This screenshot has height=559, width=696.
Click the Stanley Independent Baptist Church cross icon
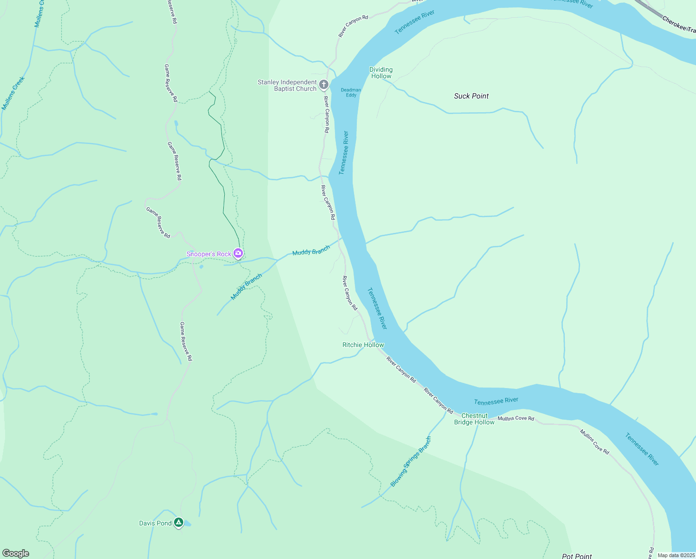(324, 85)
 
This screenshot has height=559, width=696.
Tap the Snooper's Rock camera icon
(238, 253)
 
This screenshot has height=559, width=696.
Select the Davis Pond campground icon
(179, 523)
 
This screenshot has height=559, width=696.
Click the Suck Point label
(471, 96)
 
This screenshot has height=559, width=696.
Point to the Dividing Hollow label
(381, 73)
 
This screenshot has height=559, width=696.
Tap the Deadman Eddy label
(351, 92)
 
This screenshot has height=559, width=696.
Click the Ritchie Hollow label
(363, 345)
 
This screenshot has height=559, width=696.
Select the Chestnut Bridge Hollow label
(474, 419)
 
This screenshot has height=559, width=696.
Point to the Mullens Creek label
(13, 93)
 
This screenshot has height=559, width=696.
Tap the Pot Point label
(577, 556)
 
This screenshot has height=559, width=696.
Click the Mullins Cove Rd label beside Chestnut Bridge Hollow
(516, 418)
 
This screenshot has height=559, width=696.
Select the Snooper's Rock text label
(209, 254)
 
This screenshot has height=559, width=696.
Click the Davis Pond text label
(155, 523)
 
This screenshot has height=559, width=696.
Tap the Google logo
(16, 553)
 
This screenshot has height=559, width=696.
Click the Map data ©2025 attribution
(676, 555)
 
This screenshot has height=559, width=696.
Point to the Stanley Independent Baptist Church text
(287, 85)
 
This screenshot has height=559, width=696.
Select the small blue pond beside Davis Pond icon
(187, 525)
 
